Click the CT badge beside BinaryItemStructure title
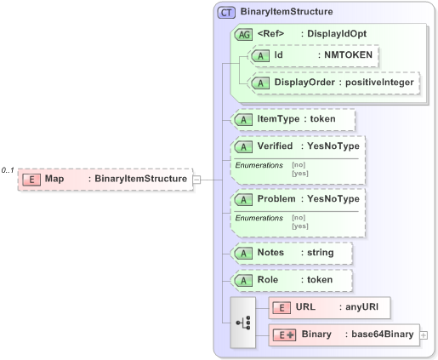coord(227,13)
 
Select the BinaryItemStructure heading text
coord(287,13)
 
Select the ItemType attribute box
coord(293,119)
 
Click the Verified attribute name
coord(275,146)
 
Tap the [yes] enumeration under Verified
coord(299,173)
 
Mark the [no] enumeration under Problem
coord(298,218)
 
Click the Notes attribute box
coord(291,253)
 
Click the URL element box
coord(329,307)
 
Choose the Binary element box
coord(344,334)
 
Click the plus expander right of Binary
coord(424,335)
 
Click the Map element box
coord(104,179)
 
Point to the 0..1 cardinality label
coord(9,171)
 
